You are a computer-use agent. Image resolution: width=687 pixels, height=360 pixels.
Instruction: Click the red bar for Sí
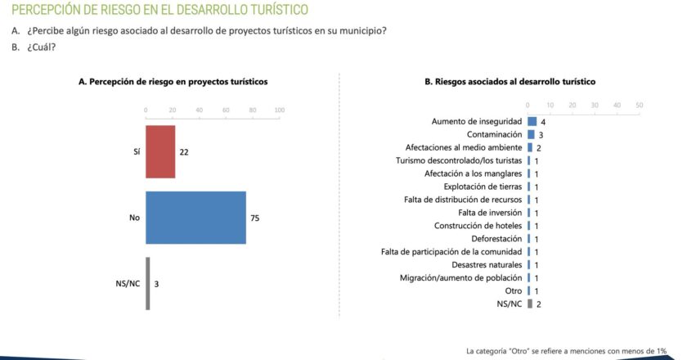(160, 151)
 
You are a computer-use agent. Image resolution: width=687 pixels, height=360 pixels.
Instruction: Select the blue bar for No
(195, 218)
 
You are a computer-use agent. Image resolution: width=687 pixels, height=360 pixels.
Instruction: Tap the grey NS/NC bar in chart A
(148, 284)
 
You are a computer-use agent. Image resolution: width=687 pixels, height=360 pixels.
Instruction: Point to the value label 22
(184, 152)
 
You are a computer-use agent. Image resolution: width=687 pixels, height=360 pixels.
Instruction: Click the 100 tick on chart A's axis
(279, 110)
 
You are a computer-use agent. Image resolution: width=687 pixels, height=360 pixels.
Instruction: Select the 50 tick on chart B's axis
(639, 105)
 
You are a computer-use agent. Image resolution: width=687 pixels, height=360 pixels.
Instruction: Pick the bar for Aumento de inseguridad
(532, 121)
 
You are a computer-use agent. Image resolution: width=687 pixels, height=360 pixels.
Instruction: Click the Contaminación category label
(494, 134)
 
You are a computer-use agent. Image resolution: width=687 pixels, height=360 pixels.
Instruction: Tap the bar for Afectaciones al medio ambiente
(530, 147)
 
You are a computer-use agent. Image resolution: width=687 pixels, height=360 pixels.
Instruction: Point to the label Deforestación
(494, 239)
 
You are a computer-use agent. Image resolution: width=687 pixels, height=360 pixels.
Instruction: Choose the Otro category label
(513, 291)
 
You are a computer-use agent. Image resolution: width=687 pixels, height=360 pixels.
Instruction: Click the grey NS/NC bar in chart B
(530, 304)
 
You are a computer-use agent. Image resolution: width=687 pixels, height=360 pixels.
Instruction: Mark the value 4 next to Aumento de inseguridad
(543, 122)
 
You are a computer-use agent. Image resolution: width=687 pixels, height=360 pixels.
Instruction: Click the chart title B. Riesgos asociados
(510, 82)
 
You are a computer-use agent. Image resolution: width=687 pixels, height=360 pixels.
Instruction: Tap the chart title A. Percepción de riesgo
(173, 82)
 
